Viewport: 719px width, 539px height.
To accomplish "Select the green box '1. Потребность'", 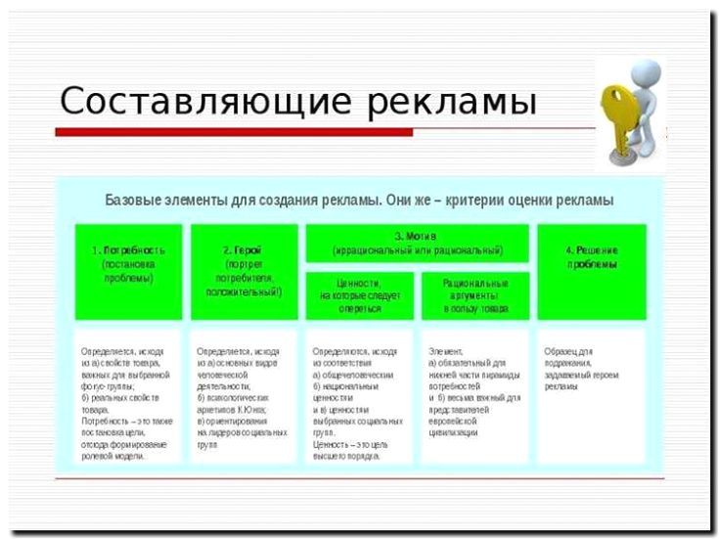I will click(128, 271).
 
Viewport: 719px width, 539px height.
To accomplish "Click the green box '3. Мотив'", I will click(417, 243).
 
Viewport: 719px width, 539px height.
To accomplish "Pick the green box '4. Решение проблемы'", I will click(591, 271).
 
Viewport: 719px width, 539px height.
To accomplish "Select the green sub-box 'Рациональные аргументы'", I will click(473, 295).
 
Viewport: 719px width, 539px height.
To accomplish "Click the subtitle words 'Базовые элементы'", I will click(162, 201).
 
